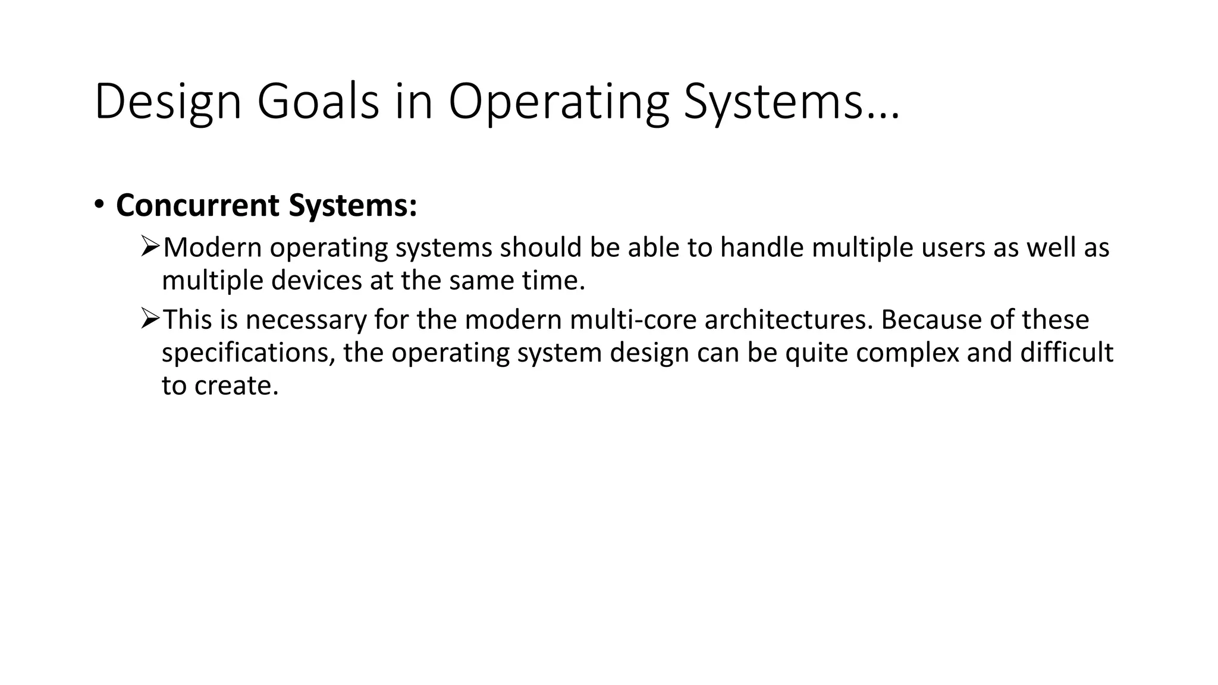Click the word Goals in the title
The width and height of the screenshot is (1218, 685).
pyautogui.click(x=318, y=102)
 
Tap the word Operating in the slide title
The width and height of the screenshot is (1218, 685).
pyautogui.click(x=558, y=102)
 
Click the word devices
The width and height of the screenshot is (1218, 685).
pyautogui.click(x=316, y=281)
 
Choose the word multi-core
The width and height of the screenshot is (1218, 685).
pyautogui.click(x=632, y=320)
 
